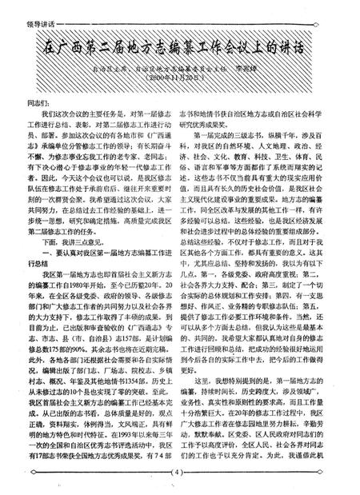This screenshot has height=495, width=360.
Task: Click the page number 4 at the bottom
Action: click(x=180, y=479)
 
